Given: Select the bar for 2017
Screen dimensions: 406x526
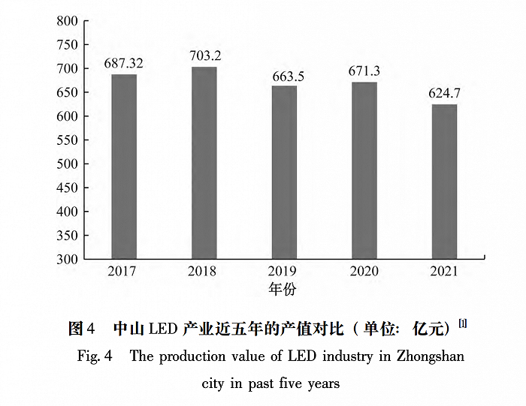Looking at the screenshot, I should [x=124, y=167].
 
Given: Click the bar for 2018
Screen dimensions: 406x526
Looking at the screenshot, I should [x=204, y=163].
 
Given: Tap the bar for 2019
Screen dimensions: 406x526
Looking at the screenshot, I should [x=284, y=173].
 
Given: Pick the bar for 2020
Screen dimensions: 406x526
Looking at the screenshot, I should [x=364, y=170].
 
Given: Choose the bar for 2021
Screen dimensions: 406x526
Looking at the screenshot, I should [x=444, y=182].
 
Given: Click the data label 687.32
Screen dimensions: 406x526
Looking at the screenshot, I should [x=124, y=63].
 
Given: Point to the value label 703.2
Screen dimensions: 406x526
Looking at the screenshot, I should [x=204, y=56].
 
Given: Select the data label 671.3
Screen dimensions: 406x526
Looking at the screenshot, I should [x=364, y=71].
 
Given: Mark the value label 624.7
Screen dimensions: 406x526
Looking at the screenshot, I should [x=444, y=94].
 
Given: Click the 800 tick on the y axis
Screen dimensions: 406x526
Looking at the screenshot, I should [x=67, y=21].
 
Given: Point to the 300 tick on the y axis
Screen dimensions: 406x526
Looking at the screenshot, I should [x=67, y=260].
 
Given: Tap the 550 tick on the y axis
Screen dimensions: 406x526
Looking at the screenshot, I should [x=67, y=140].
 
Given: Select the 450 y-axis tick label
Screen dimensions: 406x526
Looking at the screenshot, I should [x=67, y=188].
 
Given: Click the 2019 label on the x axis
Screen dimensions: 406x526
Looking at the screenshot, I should [x=284, y=271].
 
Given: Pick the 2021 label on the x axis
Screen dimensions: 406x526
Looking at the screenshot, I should [x=444, y=271].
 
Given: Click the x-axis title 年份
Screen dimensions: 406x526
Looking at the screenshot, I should [x=283, y=287].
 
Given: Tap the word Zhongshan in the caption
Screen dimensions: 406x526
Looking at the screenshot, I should [x=429, y=356].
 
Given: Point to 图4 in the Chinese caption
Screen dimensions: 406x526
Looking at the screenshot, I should [x=81, y=329].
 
